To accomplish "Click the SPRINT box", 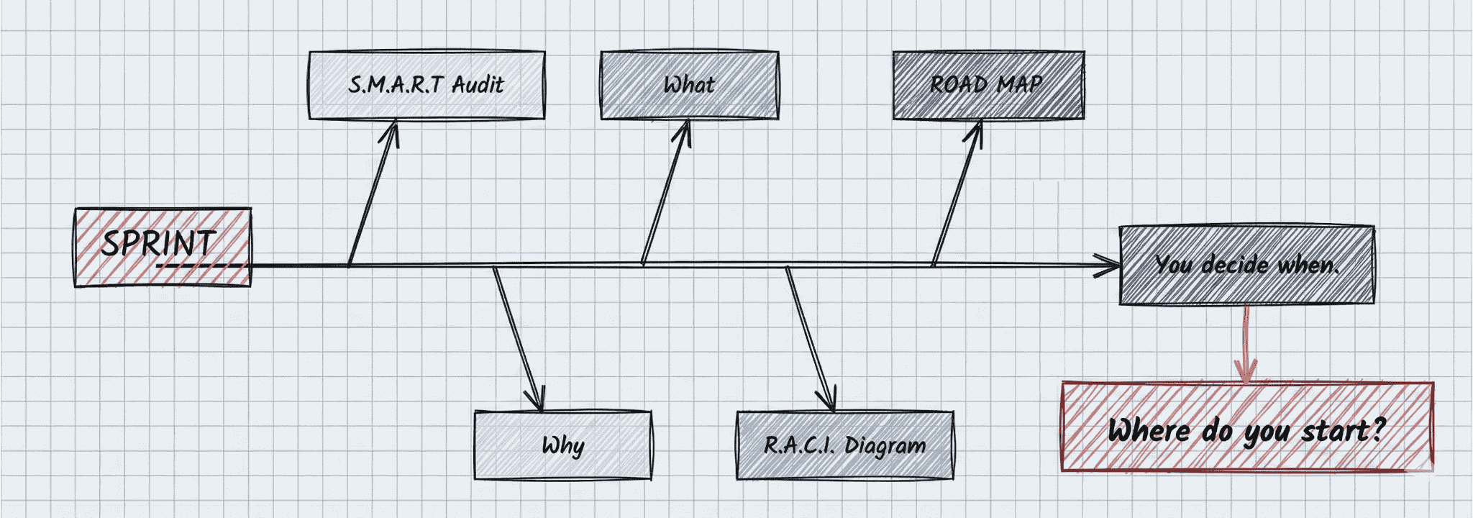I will (x=163, y=247).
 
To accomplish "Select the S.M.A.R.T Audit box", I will (x=427, y=85).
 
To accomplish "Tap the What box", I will (x=689, y=85).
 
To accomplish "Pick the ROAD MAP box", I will (x=988, y=85).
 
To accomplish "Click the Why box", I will (x=562, y=445).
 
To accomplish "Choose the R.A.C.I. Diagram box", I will (x=844, y=445).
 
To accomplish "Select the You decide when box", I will (x=1246, y=265).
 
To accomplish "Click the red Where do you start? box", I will (x=1246, y=427).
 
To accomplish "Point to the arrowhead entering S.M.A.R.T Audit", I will (x=393, y=128).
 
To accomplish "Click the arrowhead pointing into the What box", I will (x=685, y=128).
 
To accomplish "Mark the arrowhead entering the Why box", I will (x=537, y=404).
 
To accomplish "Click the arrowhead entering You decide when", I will (x=1111, y=265).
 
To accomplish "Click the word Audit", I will (x=478, y=85).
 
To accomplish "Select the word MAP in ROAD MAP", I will (x=1020, y=85).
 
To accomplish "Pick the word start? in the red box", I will (x=1344, y=430).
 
